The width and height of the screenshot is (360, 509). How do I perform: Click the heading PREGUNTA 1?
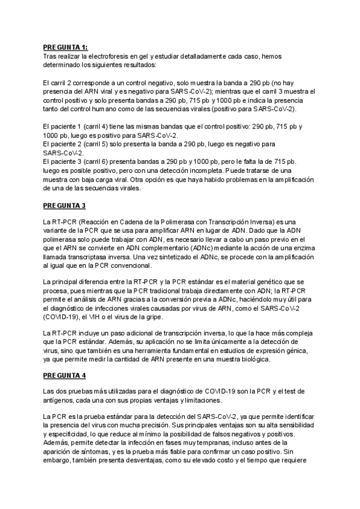pyautogui.click(x=65, y=47)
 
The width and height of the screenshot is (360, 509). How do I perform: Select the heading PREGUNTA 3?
pyautogui.click(x=64, y=206)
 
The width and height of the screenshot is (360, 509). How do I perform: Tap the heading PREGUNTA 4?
pyautogui.click(x=64, y=376)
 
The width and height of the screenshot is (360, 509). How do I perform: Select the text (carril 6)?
pyautogui.click(x=97, y=161)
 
